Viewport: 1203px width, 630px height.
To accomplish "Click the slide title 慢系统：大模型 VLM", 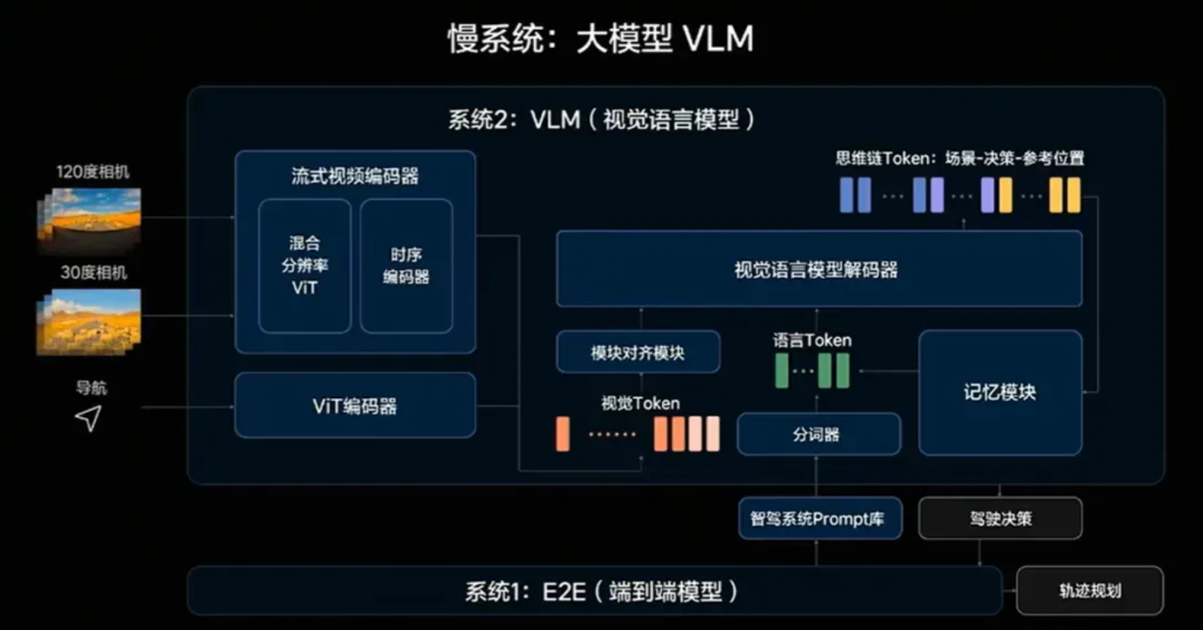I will (601, 39).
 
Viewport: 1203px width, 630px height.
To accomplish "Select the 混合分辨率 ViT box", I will (304, 266).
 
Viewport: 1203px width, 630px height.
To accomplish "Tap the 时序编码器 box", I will (406, 266).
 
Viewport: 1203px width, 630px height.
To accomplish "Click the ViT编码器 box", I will (355, 406).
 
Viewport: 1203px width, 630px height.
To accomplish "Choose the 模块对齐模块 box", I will (637, 353).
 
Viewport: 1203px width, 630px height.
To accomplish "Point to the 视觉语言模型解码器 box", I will (818, 269).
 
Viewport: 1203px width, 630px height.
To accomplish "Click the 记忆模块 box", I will (999, 392).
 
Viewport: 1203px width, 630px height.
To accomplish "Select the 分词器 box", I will (818, 434).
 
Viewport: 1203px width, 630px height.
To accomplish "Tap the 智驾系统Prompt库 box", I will (818, 519).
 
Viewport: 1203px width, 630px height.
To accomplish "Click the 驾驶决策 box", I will (1000, 519).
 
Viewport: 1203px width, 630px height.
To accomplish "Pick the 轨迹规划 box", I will (1089, 590).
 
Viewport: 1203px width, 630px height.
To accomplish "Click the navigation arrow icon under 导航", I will (89, 418).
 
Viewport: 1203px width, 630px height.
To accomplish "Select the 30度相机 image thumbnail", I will (89, 320).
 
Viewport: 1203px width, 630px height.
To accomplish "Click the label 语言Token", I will (812, 339).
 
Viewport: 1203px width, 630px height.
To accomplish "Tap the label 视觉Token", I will (640, 403).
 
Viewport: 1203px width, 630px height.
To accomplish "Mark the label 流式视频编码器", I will (355, 176).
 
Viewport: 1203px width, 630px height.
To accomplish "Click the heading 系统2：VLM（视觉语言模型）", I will (602, 120).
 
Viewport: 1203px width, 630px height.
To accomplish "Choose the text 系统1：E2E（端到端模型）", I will (601, 591).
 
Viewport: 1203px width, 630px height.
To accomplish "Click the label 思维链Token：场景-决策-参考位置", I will (959, 158).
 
